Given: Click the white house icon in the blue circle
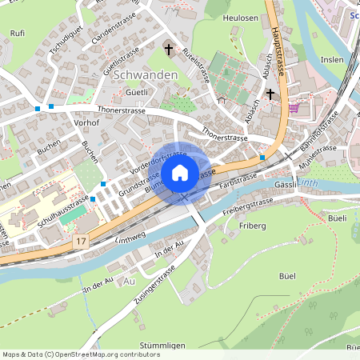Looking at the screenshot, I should tap(180, 172).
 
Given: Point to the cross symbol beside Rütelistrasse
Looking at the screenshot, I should tap(169, 50).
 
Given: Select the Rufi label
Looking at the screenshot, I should tap(17, 33).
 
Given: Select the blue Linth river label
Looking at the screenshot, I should tap(308, 186).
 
